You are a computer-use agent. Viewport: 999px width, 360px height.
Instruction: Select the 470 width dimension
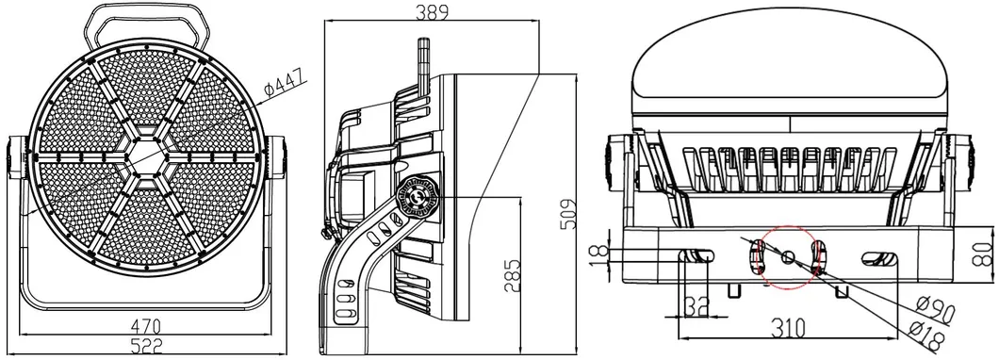point(145,327)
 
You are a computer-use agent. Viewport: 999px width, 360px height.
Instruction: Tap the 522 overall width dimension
point(146,345)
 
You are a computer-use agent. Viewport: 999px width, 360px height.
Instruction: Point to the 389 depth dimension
point(432,11)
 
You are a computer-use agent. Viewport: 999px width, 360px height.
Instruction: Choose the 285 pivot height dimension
point(512,275)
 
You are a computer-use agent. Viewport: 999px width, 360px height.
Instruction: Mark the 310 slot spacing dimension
point(788,328)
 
